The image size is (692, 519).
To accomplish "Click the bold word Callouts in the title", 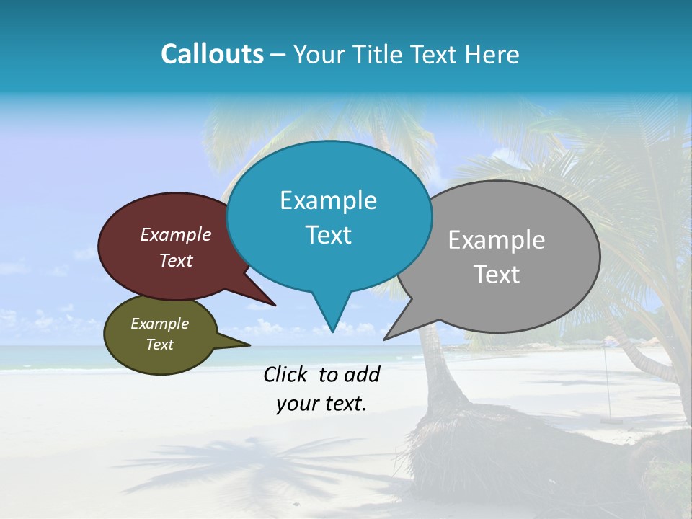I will pyautogui.click(x=212, y=54).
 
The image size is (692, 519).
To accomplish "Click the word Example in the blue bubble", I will pyautogui.click(x=328, y=200).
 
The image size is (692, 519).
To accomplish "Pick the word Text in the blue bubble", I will pyautogui.click(x=328, y=235).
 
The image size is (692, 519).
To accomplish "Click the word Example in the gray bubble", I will pyautogui.click(x=497, y=240).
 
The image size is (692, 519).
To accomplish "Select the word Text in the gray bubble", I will pyautogui.click(x=497, y=275).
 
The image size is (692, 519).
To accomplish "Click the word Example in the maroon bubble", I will pyautogui.click(x=175, y=234).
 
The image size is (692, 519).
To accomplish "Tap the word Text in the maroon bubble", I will pyautogui.click(x=175, y=260).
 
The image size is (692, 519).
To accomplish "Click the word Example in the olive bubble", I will pyautogui.click(x=159, y=324).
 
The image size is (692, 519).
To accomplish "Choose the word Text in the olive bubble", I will pyautogui.click(x=159, y=345).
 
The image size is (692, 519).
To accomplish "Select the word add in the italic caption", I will pyautogui.click(x=362, y=374).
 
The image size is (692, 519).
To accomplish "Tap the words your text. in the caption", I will pyautogui.click(x=321, y=404).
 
